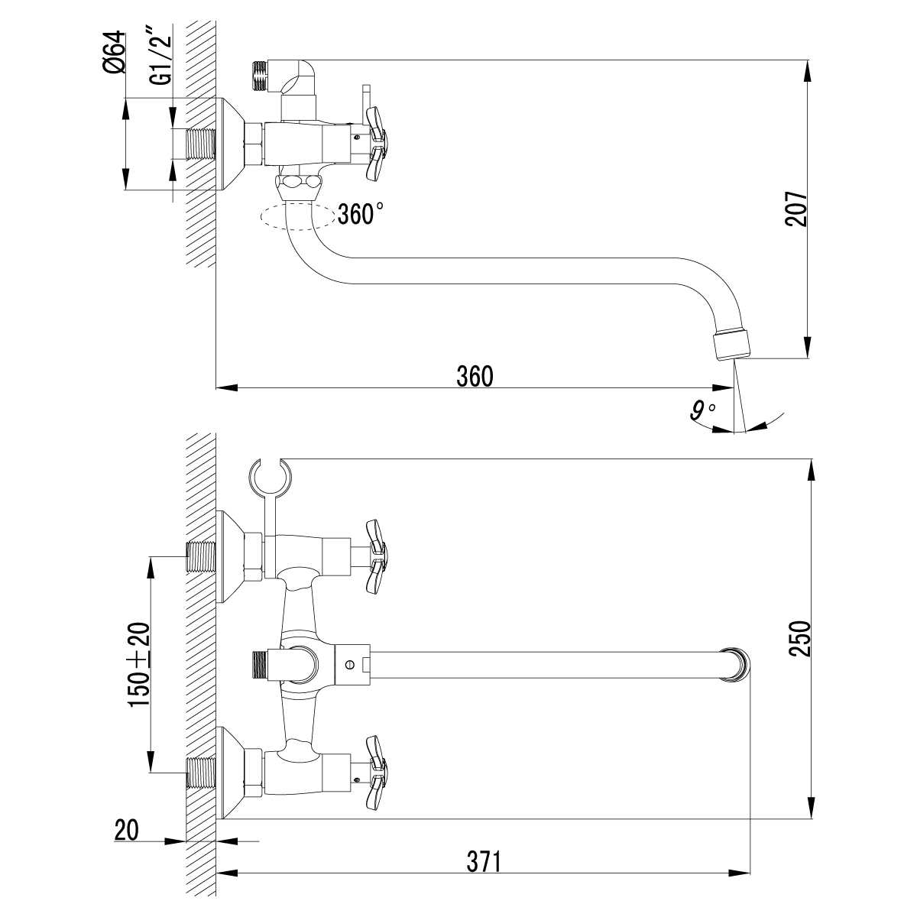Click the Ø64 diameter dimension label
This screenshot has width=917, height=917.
[x=113, y=53]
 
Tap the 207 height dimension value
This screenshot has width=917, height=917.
[x=795, y=208]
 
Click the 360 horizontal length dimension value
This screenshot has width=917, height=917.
[x=475, y=376]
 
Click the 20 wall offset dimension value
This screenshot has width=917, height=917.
[x=128, y=830]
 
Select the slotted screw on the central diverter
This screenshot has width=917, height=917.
[x=350, y=663]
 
